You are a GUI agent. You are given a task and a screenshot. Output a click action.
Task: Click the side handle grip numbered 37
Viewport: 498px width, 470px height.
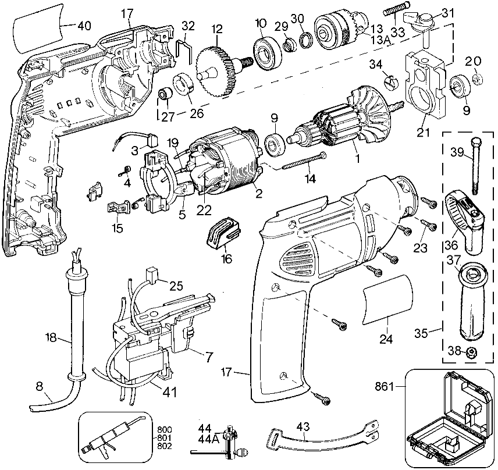click(x=475, y=303)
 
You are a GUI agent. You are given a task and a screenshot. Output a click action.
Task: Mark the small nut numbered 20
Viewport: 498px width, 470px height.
click(x=475, y=78)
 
